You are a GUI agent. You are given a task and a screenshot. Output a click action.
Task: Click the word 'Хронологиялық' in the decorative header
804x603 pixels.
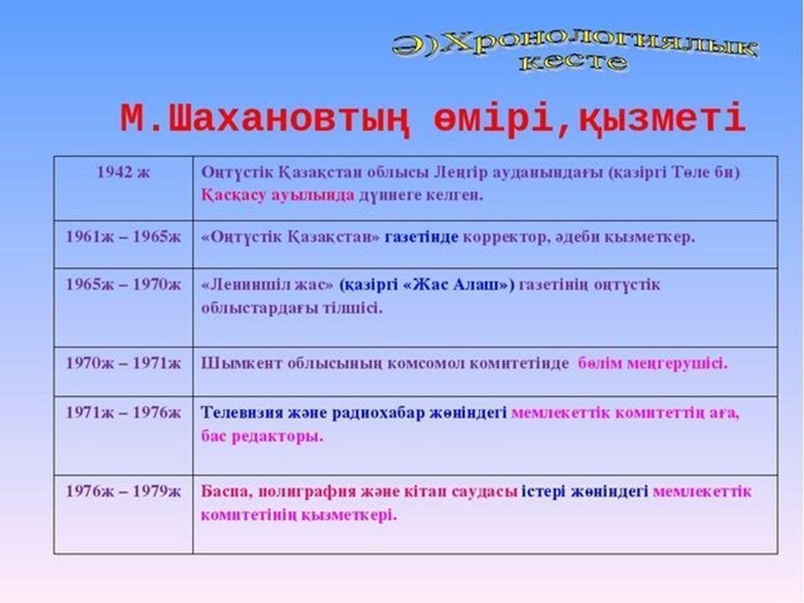pyautogui.click(x=600, y=47)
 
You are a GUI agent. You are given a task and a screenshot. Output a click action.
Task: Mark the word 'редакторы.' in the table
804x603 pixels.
pyautogui.click(x=277, y=437)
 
